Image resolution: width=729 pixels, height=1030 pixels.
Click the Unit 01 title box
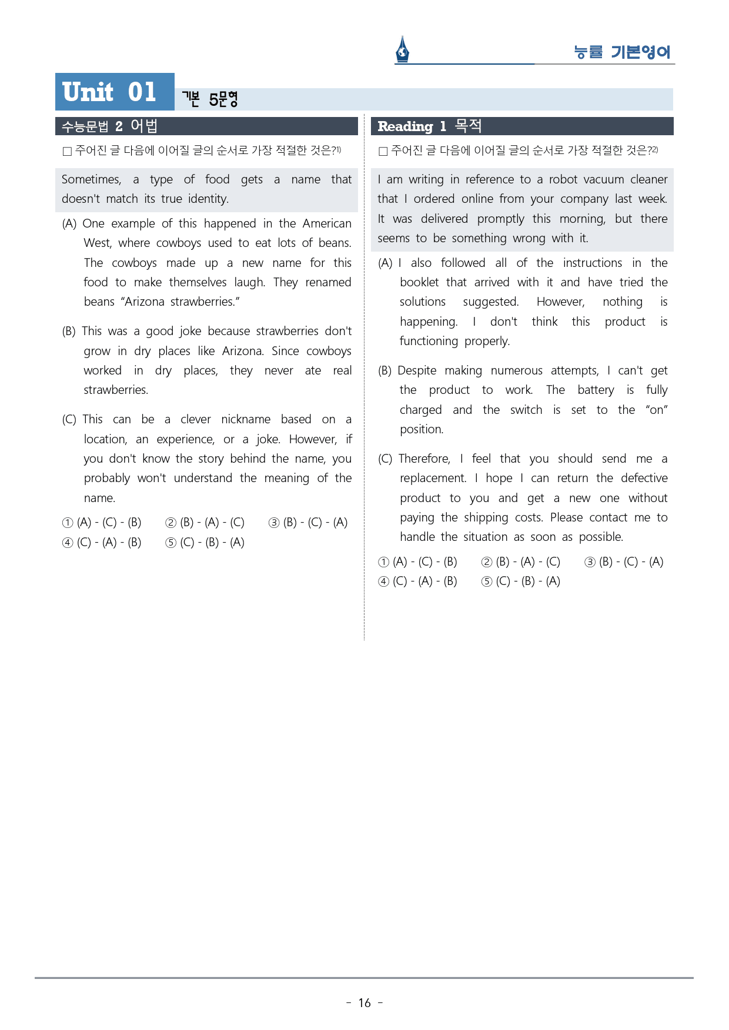point(115,92)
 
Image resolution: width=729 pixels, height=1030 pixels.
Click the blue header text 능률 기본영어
point(622,52)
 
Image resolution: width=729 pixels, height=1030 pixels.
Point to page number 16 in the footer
point(364,1003)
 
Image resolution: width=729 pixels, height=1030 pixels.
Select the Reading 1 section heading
point(429,126)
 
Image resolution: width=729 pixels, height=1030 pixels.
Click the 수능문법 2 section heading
point(109,126)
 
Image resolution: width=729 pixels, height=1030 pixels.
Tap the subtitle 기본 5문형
point(209,99)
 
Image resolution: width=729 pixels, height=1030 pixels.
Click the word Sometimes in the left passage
point(91,179)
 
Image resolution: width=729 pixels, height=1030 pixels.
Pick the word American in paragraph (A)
point(327,223)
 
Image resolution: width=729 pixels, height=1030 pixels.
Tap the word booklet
point(419,282)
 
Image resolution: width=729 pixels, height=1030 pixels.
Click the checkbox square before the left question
point(67,151)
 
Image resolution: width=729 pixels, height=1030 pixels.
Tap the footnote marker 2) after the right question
point(654,150)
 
